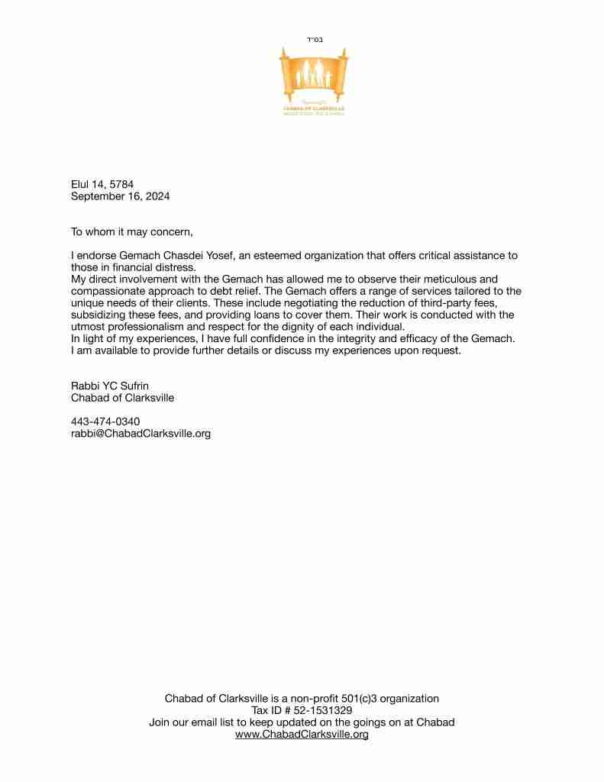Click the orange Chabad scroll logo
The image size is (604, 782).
(x=314, y=80)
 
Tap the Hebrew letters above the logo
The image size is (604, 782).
(x=314, y=39)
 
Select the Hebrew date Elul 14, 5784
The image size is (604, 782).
(x=102, y=184)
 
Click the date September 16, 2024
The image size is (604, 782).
(x=121, y=196)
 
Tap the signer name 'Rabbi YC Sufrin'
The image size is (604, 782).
(x=109, y=386)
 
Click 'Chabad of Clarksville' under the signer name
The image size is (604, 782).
(x=122, y=398)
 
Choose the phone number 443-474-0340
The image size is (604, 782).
(x=105, y=422)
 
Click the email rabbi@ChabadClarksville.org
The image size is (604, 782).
(x=141, y=434)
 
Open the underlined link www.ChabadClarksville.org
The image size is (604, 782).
(x=302, y=734)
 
